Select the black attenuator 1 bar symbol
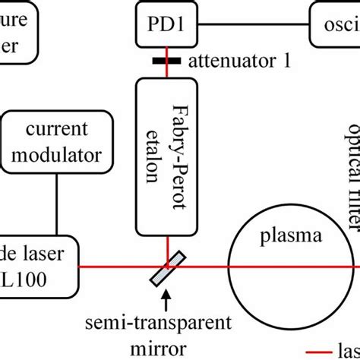pyautogui.click(x=165, y=60)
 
